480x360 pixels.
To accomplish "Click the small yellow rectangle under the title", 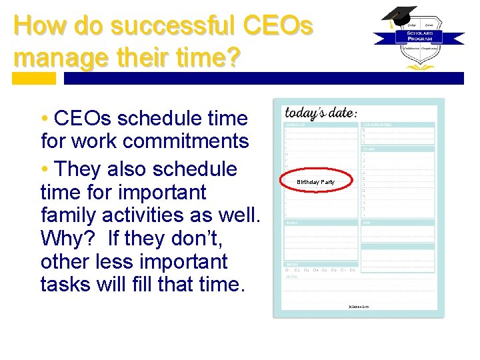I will (35, 78).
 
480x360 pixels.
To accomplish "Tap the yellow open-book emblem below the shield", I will (419, 65).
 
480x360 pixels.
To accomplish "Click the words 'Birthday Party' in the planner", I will (316, 182).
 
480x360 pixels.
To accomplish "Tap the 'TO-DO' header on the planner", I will (369, 149).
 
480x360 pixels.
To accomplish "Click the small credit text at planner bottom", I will (358, 307).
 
